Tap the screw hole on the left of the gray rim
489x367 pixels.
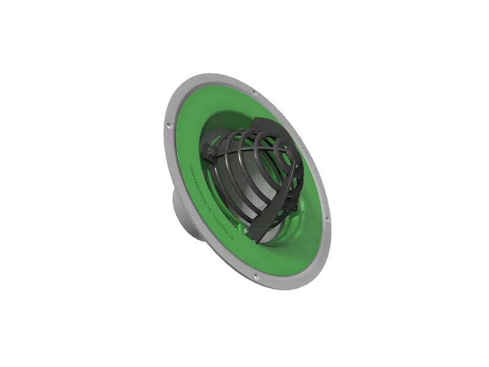coord(168,127)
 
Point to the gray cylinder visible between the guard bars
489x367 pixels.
coord(235,183)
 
